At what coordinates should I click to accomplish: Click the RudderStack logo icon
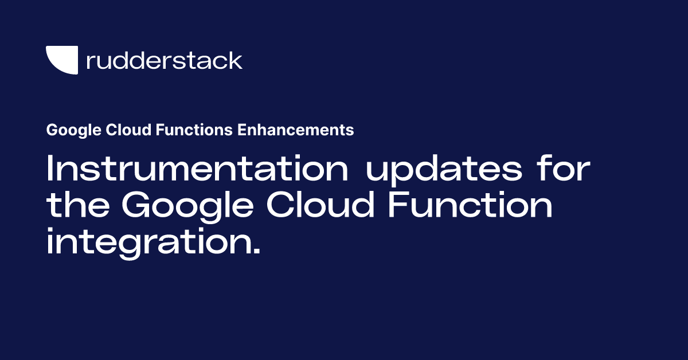tap(61, 60)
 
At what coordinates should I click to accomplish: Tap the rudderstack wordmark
tap(164, 60)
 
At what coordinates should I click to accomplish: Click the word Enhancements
tap(296, 130)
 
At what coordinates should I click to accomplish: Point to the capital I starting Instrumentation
tap(50, 170)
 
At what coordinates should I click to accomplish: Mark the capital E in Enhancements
tap(241, 130)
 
